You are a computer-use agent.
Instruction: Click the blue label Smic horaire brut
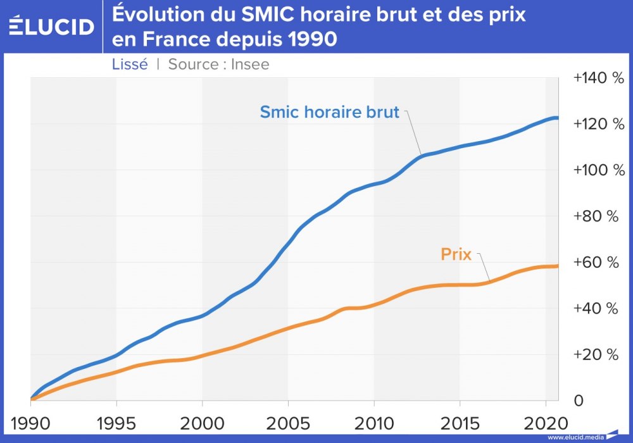(x=330, y=113)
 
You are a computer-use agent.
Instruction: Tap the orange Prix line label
(x=456, y=254)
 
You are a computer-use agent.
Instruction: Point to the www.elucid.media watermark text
(x=575, y=437)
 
